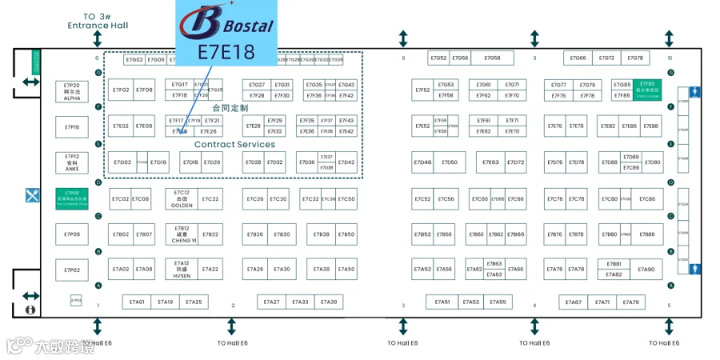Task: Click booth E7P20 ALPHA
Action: coord(72,90)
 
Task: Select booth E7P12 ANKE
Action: coord(72,162)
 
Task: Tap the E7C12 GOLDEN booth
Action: coord(182,198)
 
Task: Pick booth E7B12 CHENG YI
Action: coord(182,234)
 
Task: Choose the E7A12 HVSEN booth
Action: coord(182,269)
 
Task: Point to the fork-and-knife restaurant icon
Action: coord(32,194)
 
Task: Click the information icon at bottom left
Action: coord(31,308)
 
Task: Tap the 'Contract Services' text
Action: coord(234,145)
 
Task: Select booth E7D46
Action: coord(422,162)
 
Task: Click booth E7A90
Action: coord(646,270)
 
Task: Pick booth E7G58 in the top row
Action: coord(492,58)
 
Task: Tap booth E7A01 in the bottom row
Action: coord(137,302)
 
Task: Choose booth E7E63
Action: coord(490,162)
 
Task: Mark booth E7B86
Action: coord(646,234)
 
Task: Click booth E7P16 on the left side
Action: coord(72,126)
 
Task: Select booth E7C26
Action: coord(255,199)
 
